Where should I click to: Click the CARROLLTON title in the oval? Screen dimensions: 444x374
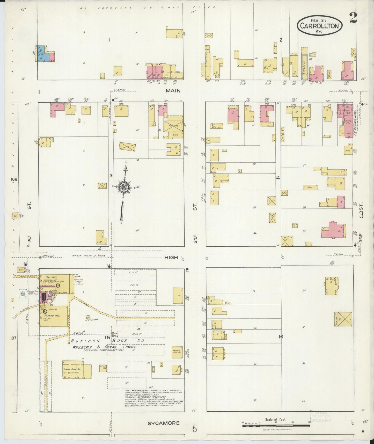click(x=319, y=26)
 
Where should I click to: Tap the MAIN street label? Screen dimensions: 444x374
click(x=173, y=91)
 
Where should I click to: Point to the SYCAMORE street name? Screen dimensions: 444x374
click(x=164, y=423)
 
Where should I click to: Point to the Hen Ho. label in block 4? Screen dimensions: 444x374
click(x=214, y=127)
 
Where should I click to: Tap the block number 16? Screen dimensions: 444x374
click(x=281, y=337)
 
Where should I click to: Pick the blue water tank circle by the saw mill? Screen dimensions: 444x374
click(x=23, y=293)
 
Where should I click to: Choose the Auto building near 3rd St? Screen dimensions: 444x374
click(x=348, y=150)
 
